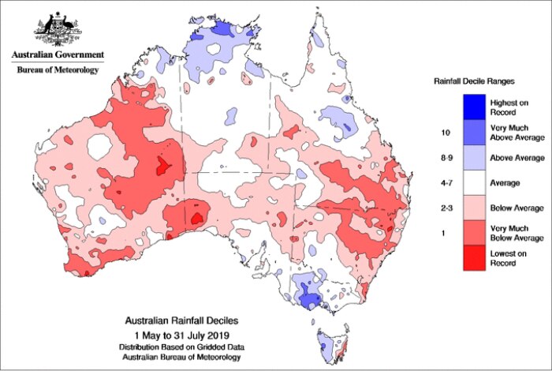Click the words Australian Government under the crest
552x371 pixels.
click(x=57, y=55)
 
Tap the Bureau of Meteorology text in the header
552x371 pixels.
click(x=57, y=69)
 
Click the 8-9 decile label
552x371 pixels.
click(x=445, y=158)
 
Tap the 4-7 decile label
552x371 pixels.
click(x=445, y=183)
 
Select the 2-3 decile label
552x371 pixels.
click(x=445, y=208)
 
